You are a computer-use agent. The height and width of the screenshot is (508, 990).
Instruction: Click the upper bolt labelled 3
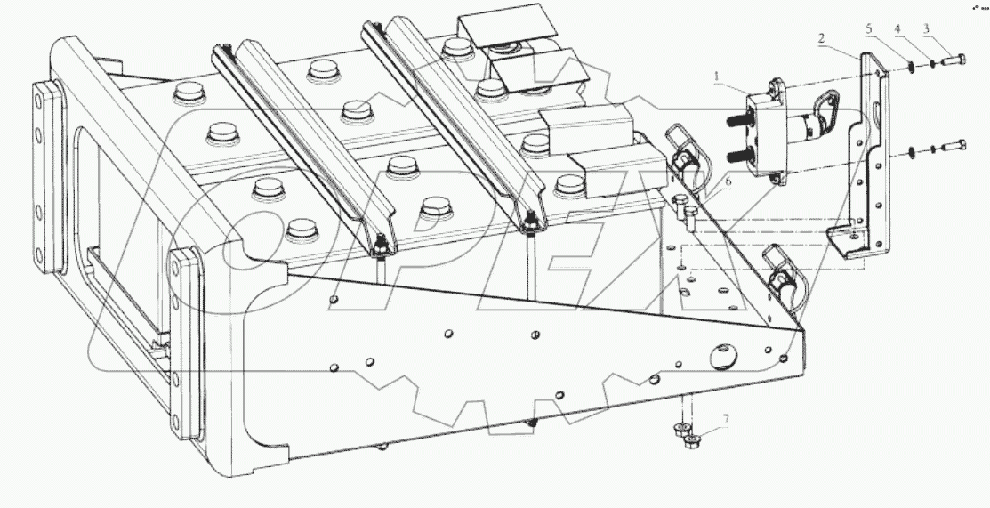(x=954, y=63)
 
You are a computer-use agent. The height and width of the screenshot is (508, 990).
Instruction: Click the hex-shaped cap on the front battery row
(x=434, y=211)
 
